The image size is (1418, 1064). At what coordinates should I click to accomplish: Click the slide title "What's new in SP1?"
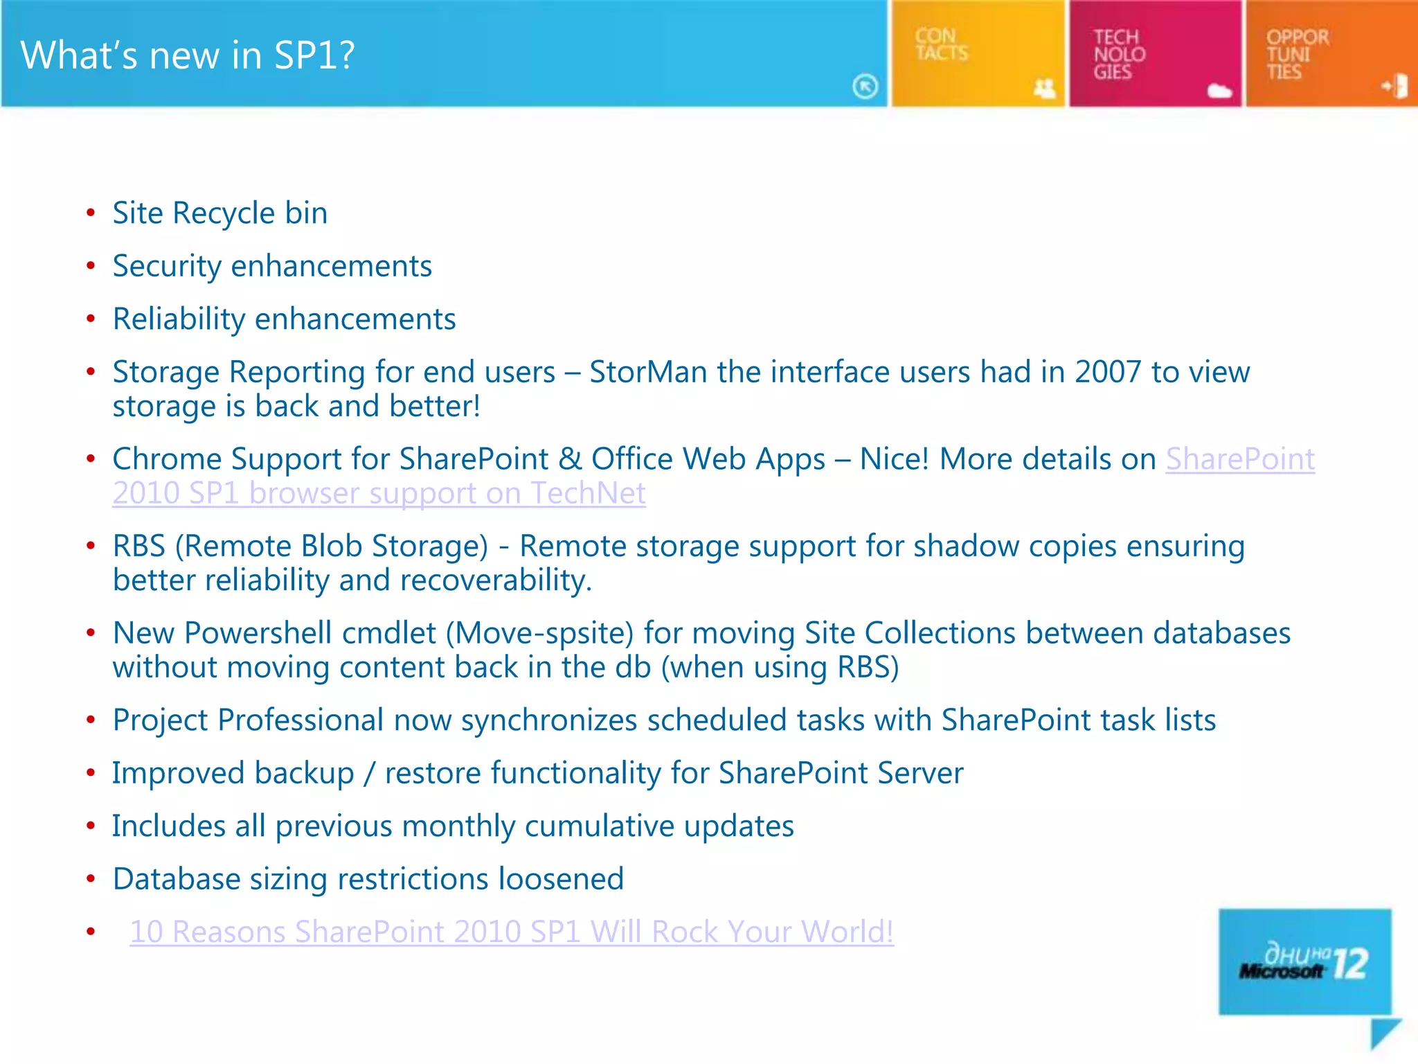188,55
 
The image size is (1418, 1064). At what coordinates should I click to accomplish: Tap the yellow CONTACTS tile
976,53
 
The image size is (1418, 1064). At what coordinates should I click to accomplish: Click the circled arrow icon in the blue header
865,87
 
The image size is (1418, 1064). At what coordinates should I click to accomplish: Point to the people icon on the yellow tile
1044,89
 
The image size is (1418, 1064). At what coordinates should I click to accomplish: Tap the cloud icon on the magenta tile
1219,90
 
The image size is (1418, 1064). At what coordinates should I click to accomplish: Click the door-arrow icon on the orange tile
1395,87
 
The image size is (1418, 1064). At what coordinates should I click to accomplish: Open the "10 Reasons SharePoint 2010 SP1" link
511,932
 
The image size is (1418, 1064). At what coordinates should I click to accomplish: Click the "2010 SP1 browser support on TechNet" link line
379,493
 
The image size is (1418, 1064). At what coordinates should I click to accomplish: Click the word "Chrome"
166,459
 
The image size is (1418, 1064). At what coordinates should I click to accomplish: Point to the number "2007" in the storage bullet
1107,372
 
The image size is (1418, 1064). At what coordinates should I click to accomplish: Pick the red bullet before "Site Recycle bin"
91,213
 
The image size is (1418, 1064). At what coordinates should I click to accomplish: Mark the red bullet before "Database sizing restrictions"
91,879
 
